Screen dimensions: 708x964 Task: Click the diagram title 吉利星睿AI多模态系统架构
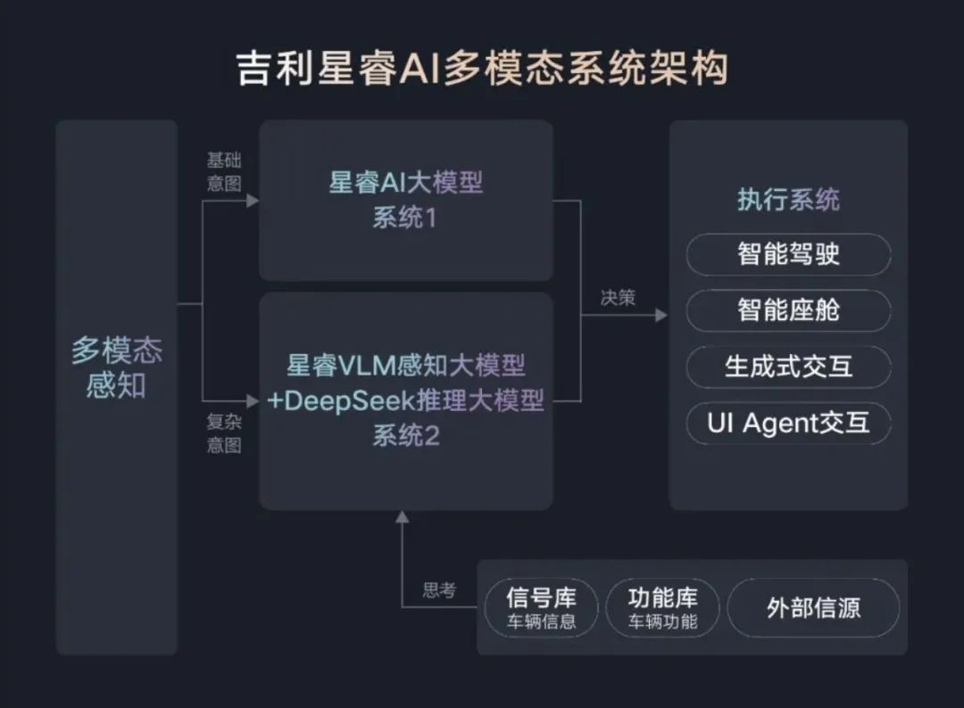coord(482,69)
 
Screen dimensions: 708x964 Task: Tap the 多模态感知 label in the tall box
coord(116,367)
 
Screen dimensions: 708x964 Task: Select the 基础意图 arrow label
coord(224,171)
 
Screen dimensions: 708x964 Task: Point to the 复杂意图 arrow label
coord(224,434)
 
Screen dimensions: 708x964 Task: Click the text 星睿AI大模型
coord(406,183)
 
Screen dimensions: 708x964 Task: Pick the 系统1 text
coord(405,217)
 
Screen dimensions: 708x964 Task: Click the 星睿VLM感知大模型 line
coord(406,365)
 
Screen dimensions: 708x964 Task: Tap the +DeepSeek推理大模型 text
coord(406,400)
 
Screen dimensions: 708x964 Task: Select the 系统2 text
coord(406,436)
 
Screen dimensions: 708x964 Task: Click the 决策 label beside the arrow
coord(618,298)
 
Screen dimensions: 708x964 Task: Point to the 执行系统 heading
coord(788,200)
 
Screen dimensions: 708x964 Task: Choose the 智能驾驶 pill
coord(788,255)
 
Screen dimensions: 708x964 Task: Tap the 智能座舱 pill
coord(788,310)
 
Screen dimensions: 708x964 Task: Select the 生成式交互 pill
coord(788,366)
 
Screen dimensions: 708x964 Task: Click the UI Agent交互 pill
coord(788,423)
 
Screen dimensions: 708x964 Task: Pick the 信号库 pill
coord(541,608)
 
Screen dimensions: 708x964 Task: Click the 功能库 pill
coord(662,608)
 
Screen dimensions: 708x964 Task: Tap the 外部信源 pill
coord(813,608)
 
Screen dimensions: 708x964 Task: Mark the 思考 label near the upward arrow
coord(439,590)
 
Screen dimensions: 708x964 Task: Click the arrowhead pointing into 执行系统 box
coord(661,315)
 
